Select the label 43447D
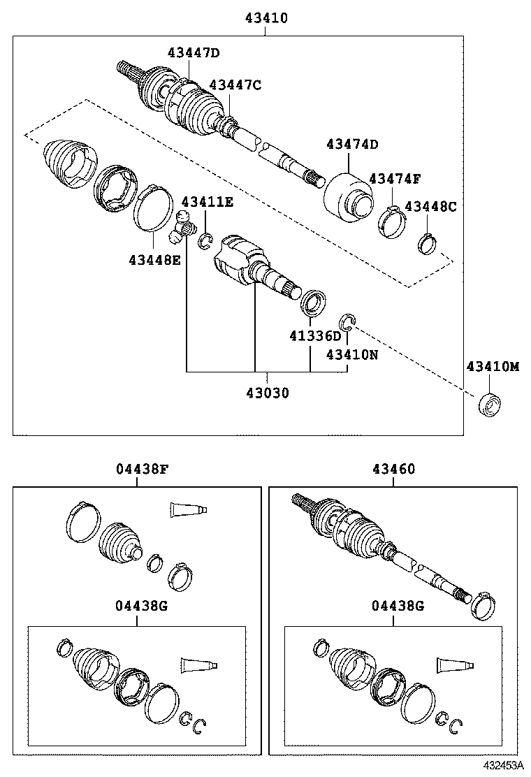click(x=193, y=52)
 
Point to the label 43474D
click(x=352, y=145)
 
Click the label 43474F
click(x=395, y=179)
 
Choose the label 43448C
click(x=430, y=206)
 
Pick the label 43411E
click(x=208, y=203)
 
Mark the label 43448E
click(x=154, y=260)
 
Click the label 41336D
click(x=315, y=336)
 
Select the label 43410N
click(x=352, y=354)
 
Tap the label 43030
click(x=267, y=393)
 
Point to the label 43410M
click(x=493, y=367)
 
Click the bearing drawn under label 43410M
click(x=489, y=404)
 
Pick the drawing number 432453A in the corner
click(x=502, y=767)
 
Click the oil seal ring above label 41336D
click(x=313, y=303)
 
